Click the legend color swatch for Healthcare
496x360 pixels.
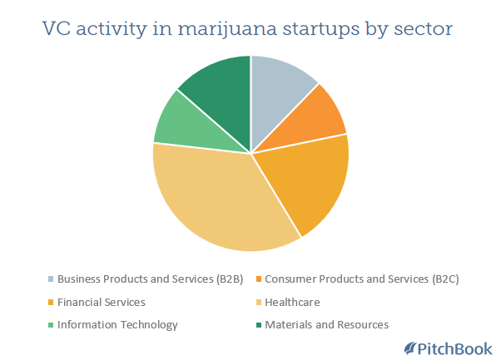click(259, 303)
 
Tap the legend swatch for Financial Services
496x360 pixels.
click(51, 303)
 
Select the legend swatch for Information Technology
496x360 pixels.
click(51, 325)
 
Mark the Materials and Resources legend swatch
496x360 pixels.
click(259, 325)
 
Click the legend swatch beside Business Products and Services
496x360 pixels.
click(51, 279)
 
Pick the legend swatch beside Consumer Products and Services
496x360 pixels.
click(259, 279)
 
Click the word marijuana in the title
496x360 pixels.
click(227, 29)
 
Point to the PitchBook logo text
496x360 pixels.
click(455, 349)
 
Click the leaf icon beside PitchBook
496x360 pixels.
click(410, 348)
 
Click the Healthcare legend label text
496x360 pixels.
click(292, 303)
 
